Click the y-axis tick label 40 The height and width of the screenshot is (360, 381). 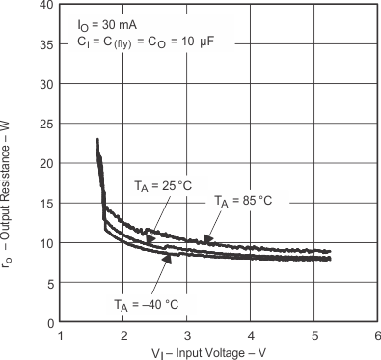46,6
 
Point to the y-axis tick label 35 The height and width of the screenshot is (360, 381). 46,44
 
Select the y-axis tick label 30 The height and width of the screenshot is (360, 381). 46,84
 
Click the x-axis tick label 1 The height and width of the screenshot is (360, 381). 61,336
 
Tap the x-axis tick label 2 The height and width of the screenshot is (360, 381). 124,336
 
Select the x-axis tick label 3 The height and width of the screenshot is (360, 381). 187,336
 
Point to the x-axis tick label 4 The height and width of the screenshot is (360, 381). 251,336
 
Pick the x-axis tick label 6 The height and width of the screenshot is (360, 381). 377,336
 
